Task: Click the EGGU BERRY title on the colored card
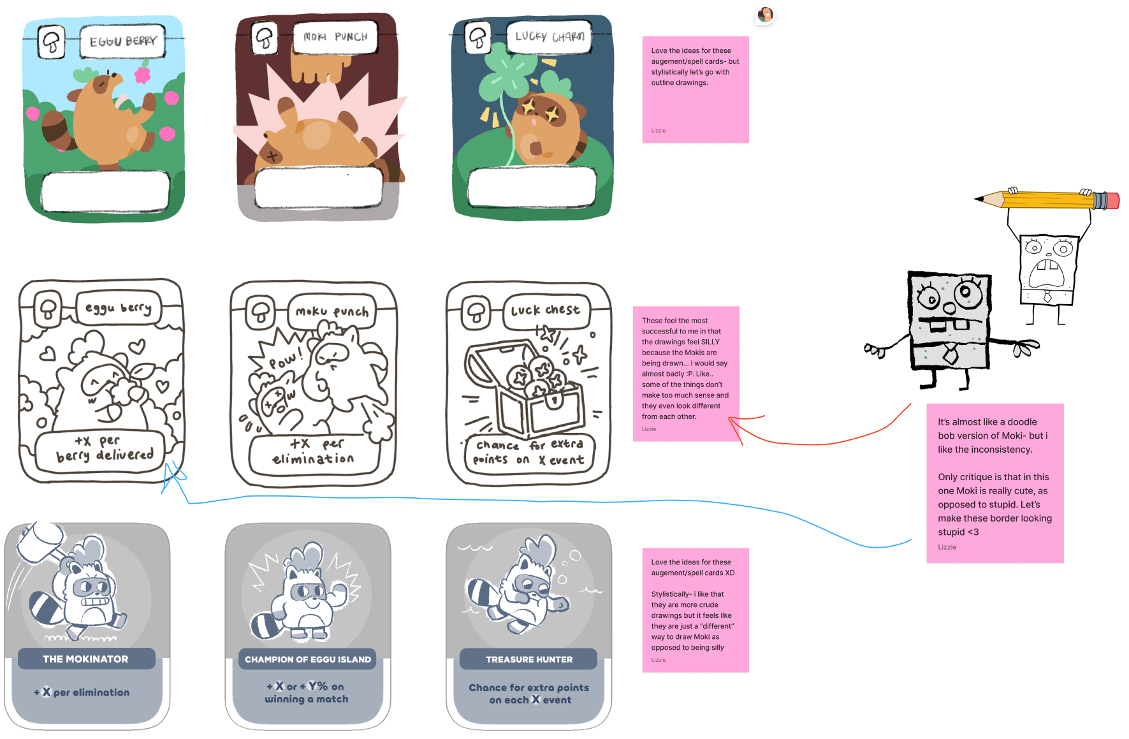tap(122, 41)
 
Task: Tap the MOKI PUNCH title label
tap(335, 37)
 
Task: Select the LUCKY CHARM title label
tap(550, 36)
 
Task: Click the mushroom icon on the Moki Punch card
tap(264, 38)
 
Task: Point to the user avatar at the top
tap(765, 15)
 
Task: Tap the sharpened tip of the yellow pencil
tap(979, 199)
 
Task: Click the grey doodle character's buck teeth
tap(949, 326)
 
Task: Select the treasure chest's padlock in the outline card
tap(554, 402)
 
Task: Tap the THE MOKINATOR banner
tap(86, 659)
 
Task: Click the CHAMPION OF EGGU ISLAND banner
tap(307, 659)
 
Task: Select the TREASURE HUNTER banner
tap(528, 659)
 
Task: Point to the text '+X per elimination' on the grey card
tap(82, 692)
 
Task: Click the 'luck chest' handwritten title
tap(546, 311)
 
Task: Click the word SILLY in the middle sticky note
tap(710, 342)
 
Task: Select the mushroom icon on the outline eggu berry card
tap(48, 310)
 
